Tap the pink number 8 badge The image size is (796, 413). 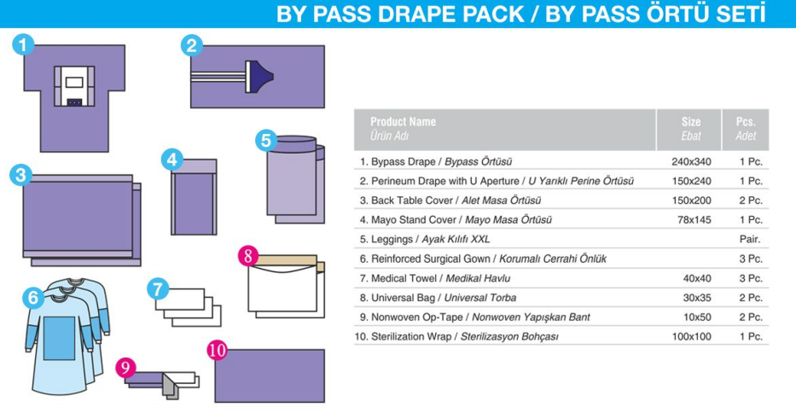247,254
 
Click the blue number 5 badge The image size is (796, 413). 266,139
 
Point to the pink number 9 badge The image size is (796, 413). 126,368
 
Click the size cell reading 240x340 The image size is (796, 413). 690,161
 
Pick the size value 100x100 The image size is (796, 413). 690,336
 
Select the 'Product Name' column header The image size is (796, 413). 403,122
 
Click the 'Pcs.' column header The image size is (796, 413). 745,122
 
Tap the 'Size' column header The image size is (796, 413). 690,122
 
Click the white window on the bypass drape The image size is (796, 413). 74,84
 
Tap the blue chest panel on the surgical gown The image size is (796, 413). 60,336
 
